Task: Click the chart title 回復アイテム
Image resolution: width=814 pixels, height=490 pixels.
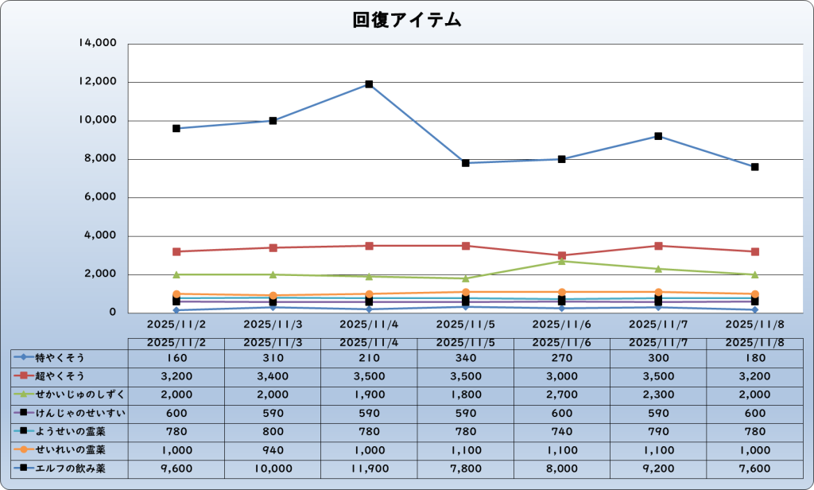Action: (x=407, y=21)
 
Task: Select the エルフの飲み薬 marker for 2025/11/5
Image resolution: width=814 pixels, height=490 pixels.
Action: (x=466, y=163)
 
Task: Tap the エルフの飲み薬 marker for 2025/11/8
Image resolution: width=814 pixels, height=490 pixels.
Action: (x=754, y=167)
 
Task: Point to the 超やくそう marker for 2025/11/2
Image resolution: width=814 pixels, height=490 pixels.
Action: (x=176, y=251)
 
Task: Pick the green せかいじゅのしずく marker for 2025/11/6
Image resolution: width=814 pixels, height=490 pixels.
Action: (x=562, y=261)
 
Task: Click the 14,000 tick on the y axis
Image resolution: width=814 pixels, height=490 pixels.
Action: (x=98, y=44)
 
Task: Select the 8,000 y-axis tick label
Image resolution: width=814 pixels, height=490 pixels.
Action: (x=101, y=159)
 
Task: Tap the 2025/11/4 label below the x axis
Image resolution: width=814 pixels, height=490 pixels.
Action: (x=369, y=325)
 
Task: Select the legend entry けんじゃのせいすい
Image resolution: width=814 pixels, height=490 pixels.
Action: (x=68, y=413)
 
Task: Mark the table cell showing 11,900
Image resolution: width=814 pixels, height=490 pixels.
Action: (x=369, y=469)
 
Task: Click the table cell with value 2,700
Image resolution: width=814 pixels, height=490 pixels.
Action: (x=562, y=395)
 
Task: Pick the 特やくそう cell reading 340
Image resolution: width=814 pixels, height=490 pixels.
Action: (x=465, y=357)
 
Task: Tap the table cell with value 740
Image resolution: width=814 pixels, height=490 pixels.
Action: (x=562, y=431)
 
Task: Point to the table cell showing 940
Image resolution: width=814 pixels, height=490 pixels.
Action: (x=273, y=449)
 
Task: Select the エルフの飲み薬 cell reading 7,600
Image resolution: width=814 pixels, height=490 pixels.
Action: (x=754, y=469)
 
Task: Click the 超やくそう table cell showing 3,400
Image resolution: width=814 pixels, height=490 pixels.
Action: (x=273, y=375)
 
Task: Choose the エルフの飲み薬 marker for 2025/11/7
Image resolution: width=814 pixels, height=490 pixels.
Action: (x=658, y=136)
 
